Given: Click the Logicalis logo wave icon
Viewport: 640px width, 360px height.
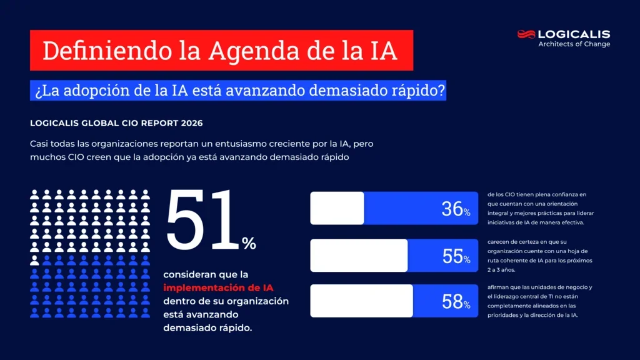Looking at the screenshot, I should [526, 34].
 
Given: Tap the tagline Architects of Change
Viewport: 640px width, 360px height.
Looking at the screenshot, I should [574, 44].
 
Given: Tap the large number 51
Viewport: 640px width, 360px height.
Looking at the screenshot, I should [202, 219].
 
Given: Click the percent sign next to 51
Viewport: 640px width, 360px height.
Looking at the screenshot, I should [249, 244].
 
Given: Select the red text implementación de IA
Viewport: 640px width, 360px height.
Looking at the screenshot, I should [218, 287].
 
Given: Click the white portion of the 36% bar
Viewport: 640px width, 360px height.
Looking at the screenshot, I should [337, 208].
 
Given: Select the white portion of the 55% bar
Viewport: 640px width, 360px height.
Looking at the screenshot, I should [359, 255].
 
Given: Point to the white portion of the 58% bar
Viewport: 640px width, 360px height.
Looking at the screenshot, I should [361, 301].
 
